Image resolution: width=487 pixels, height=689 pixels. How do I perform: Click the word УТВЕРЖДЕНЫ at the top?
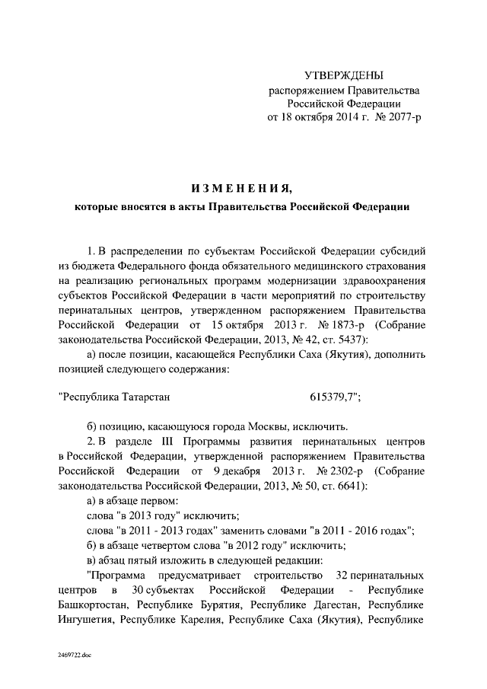click(x=344, y=75)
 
